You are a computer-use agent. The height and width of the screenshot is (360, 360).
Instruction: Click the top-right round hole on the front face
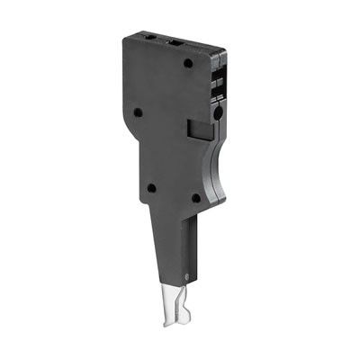(x=188, y=64)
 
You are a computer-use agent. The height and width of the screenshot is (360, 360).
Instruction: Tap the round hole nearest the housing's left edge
(x=139, y=113)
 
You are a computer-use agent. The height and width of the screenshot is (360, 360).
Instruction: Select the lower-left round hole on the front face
(x=151, y=188)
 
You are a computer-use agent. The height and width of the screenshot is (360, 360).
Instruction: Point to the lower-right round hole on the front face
(x=196, y=198)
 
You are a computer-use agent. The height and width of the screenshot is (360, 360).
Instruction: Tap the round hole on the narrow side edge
(x=216, y=116)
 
